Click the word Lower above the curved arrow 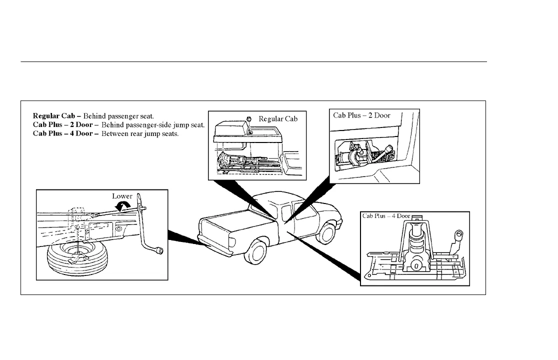click(121, 196)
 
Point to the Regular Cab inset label click(277, 119)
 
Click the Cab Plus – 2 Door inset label click(361, 115)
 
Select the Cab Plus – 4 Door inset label click(386, 216)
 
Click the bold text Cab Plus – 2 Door click(62, 124)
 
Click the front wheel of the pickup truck click(328, 232)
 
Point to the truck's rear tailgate click(214, 239)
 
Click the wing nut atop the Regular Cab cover click(248, 118)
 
